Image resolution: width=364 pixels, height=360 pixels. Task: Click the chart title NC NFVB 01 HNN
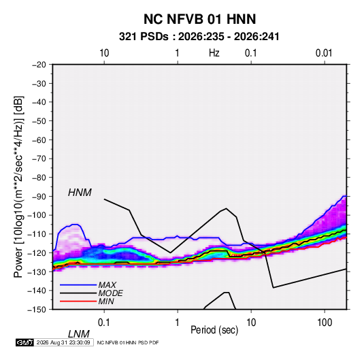(x=199, y=19)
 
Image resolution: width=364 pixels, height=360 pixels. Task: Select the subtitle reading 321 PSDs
(x=144, y=37)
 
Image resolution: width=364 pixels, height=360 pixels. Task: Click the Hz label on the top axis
(x=214, y=53)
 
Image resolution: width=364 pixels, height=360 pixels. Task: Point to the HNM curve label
(x=80, y=193)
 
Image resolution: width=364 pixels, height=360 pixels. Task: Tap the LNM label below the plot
(x=79, y=334)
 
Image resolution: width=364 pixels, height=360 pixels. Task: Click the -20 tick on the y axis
(x=39, y=65)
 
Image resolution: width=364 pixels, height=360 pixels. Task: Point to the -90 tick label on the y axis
(x=39, y=197)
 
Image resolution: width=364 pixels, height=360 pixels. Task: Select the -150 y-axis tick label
(x=37, y=310)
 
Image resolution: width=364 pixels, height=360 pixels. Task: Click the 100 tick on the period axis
(x=325, y=323)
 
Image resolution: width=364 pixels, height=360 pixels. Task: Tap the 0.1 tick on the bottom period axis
(x=104, y=323)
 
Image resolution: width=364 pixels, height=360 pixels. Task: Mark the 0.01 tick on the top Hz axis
(x=324, y=53)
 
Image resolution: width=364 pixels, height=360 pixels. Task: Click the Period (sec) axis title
(x=214, y=330)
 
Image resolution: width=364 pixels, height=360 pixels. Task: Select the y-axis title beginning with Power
(x=18, y=187)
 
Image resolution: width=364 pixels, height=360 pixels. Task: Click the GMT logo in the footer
(x=25, y=342)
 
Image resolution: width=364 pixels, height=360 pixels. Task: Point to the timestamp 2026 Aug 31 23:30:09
(x=63, y=342)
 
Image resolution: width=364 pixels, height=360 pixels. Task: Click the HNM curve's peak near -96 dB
(x=226, y=208)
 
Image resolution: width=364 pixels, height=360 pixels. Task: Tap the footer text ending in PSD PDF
(x=128, y=342)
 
